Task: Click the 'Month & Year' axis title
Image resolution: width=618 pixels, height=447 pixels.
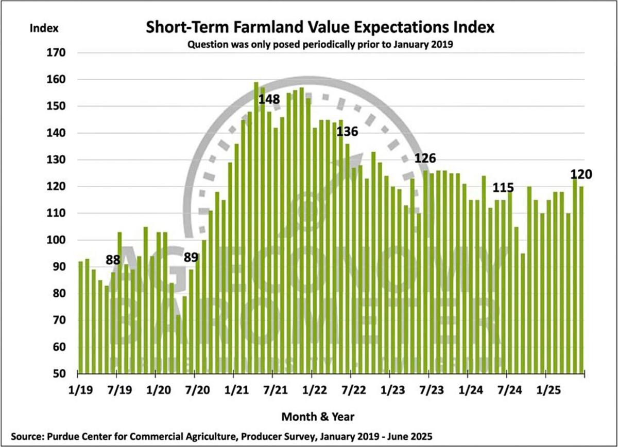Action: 318,416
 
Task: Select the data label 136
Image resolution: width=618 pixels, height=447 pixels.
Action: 348,132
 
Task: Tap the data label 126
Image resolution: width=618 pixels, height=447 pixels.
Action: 426,158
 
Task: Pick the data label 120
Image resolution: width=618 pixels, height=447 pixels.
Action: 581,174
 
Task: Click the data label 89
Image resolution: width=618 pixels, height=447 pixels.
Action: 191,257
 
